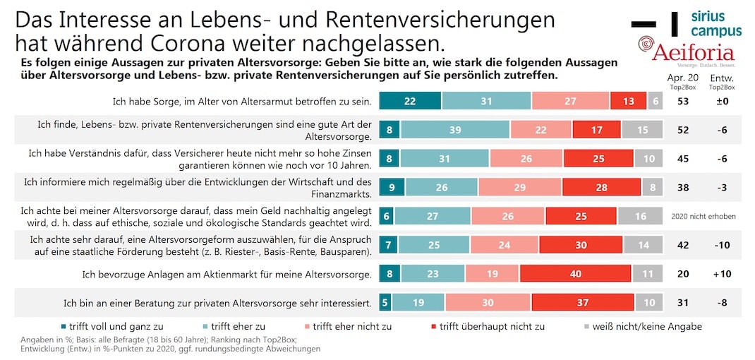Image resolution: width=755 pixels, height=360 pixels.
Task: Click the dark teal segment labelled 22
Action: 410,102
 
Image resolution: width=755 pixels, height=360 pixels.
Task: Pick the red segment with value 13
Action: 628,102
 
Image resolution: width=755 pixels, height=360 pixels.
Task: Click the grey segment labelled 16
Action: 640,216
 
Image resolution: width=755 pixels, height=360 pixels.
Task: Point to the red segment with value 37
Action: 583,303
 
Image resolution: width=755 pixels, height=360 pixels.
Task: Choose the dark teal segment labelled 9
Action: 392,188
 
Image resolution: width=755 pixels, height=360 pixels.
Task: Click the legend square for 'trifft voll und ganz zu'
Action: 64,327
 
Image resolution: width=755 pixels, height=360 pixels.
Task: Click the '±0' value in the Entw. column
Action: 720,102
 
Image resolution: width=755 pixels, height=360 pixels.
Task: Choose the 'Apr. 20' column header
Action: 682,77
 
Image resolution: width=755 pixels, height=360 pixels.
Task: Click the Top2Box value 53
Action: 682,102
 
